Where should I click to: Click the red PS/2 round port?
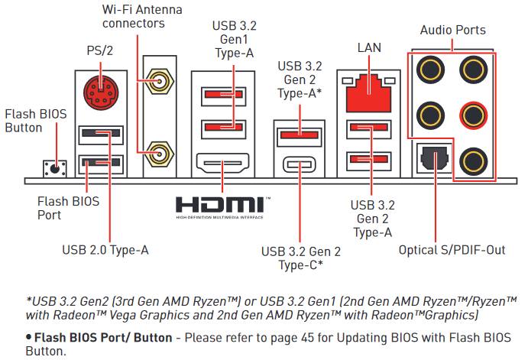point(101,92)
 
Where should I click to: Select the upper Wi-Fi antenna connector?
point(159,81)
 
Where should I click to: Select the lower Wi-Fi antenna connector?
point(159,154)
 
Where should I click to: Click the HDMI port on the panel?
point(222,163)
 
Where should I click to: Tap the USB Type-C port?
point(300,164)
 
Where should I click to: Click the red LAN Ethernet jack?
point(369,93)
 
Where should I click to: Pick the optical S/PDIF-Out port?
point(434,158)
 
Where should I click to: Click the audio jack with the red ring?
point(473,115)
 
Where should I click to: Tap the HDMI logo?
point(223,207)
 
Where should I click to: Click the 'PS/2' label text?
point(99,50)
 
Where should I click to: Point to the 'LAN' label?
point(369,47)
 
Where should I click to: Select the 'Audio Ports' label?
point(452,30)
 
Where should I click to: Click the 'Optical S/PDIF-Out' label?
point(452,250)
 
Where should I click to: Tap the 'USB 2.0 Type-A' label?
point(105,250)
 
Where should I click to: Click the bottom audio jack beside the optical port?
point(473,161)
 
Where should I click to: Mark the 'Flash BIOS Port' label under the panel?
point(68,208)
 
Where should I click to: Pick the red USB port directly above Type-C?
point(300,136)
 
